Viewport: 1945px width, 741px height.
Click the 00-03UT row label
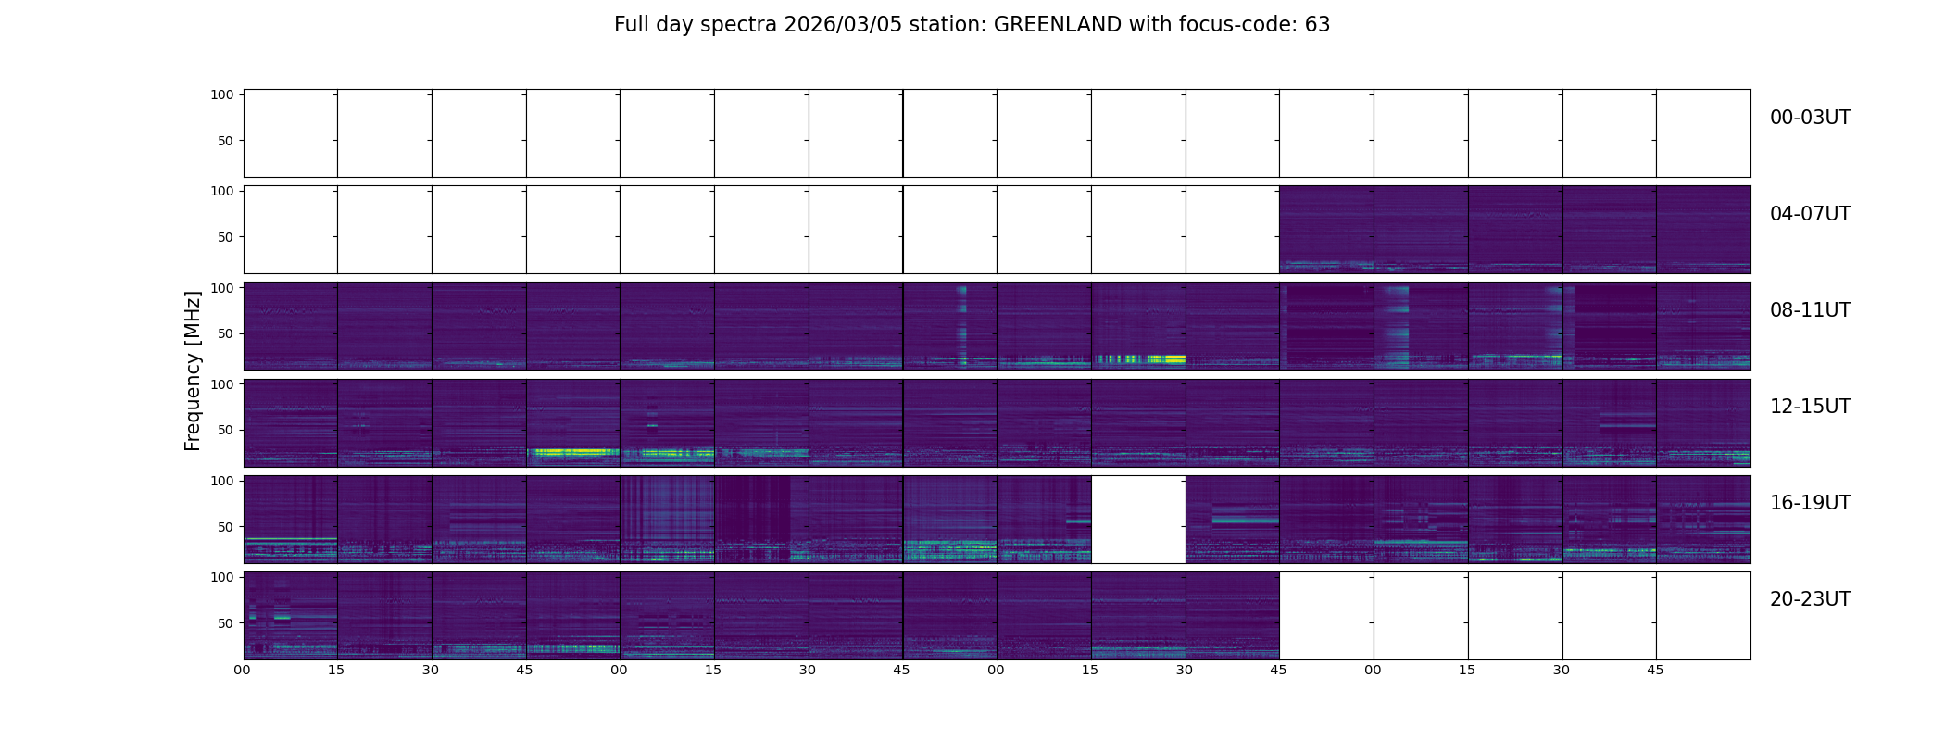[x=1810, y=118]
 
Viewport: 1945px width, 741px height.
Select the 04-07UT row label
[x=1810, y=214]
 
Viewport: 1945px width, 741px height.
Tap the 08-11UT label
[x=1810, y=310]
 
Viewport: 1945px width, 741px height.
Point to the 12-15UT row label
[x=1810, y=407]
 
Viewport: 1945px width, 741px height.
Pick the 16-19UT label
[x=1810, y=503]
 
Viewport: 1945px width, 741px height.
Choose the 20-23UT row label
[x=1810, y=599]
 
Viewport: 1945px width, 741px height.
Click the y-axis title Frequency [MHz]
[x=193, y=370]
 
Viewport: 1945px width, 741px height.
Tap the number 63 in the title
[x=1317, y=25]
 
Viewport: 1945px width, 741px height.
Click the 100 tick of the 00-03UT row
[x=221, y=94]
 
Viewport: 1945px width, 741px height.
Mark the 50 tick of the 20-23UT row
[x=225, y=623]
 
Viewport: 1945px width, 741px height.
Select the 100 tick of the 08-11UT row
[x=221, y=288]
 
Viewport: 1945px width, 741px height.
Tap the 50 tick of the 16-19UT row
[x=225, y=527]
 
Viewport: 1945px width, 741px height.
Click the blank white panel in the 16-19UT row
[x=1138, y=520]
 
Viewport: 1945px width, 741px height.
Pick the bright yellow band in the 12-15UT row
[x=574, y=452]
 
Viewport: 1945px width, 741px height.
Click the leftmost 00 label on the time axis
[x=242, y=670]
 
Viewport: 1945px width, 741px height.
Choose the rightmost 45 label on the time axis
[x=1655, y=670]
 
